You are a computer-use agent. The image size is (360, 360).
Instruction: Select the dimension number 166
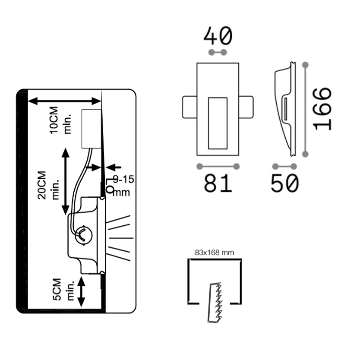pos(323,109)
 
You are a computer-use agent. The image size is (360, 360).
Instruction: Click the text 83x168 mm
pos(214,253)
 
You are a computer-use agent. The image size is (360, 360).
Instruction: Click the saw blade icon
pos(215,302)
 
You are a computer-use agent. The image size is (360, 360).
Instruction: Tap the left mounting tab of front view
pos(189,107)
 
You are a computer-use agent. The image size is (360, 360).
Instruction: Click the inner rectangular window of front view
pos(218,123)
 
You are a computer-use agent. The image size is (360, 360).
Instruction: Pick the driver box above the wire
pos(92,129)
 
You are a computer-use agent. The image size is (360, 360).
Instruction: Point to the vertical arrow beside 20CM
pos(66,181)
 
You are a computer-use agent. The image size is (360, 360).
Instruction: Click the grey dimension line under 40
pos(218,53)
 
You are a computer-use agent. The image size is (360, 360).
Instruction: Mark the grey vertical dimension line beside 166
pos(306,109)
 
